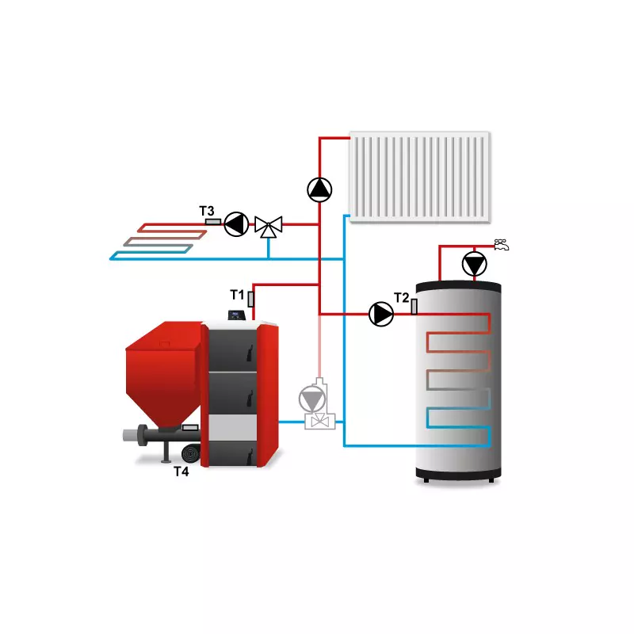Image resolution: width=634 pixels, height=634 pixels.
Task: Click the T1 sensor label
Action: pyautogui.click(x=237, y=295)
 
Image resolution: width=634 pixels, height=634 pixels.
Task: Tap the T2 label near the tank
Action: pyautogui.click(x=402, y=298)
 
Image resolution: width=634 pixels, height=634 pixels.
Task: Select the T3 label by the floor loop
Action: pyautogui.click(x=207, y=211)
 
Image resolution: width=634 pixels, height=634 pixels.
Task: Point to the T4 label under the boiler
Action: pyautogui.click(x=181, y=472)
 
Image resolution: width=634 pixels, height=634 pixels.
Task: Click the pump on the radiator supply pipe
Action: pyautogui.click(x=319, y=189)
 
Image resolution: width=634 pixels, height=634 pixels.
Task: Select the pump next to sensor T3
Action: pyautogui.click(x=236, y=224)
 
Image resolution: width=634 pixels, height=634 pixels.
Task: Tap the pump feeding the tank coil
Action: pyautogui.click(x=381, y=314)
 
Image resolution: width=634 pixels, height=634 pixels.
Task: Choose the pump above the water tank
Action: pyautogui.click(x=474, y=264)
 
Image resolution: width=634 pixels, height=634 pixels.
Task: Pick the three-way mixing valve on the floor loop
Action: pyautogui.click(x=269, y=227)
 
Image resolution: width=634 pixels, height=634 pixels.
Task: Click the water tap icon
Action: pyautogui.click(x=502, y=245)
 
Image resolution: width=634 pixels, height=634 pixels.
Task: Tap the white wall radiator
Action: pyautogui.click(x=420, y=177)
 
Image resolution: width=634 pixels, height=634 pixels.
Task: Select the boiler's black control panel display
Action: pyautogui.click(x=236, y=315)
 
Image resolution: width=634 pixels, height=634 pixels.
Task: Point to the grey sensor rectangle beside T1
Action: pyautogui.click(x=250, y=300)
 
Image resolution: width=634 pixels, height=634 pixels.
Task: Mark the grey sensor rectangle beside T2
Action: pyautogui.click(x=414, y=307)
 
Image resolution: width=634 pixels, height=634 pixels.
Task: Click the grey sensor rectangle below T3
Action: pyautogui.click(x=213, y=222)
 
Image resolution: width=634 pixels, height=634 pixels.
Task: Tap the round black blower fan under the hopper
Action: pyautogui.click(x=191, y=453)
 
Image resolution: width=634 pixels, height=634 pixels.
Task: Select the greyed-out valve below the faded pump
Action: pyautogui.click(x=320, y=422)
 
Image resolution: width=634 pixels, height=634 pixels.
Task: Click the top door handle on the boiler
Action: pyautogui.click(x=250, y=353)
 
